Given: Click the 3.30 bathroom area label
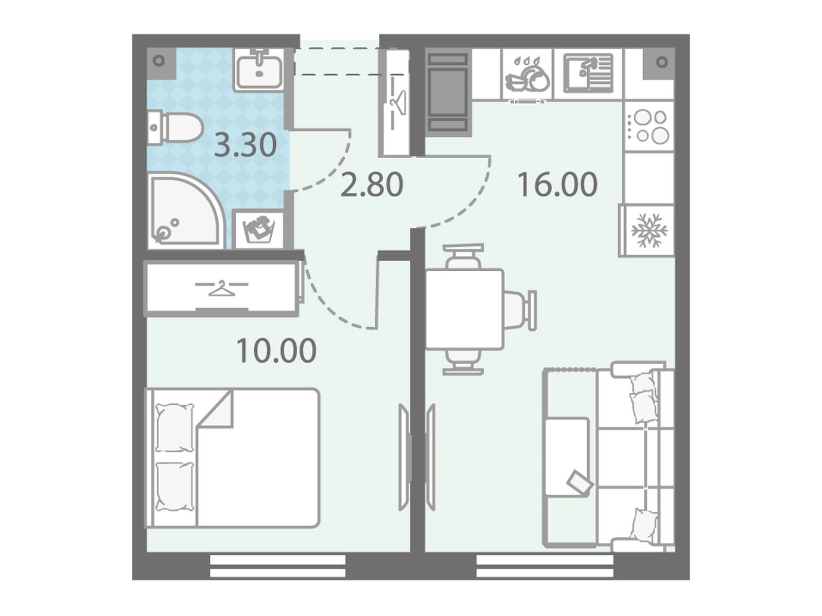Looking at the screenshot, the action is [245, 145].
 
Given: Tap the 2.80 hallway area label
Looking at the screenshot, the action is [371, 184].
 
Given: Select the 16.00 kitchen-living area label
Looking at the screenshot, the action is [557, 184].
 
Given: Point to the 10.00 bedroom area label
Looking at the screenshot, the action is [276, 351].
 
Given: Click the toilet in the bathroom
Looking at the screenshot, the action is [175, 128].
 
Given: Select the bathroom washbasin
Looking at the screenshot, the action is [258, 70].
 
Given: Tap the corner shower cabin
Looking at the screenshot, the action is [186, 211].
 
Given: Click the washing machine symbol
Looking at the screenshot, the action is [258, 230].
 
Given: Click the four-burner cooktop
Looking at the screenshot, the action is [649, 126].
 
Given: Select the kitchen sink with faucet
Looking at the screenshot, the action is [588, 73].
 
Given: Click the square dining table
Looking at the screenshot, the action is [464, 309].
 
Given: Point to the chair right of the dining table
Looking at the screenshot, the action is [520, 310].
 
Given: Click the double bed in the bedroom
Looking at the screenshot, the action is [232, 458].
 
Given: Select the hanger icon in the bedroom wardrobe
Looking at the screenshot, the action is [222, 289].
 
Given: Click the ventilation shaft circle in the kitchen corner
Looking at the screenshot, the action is [662, 62].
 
